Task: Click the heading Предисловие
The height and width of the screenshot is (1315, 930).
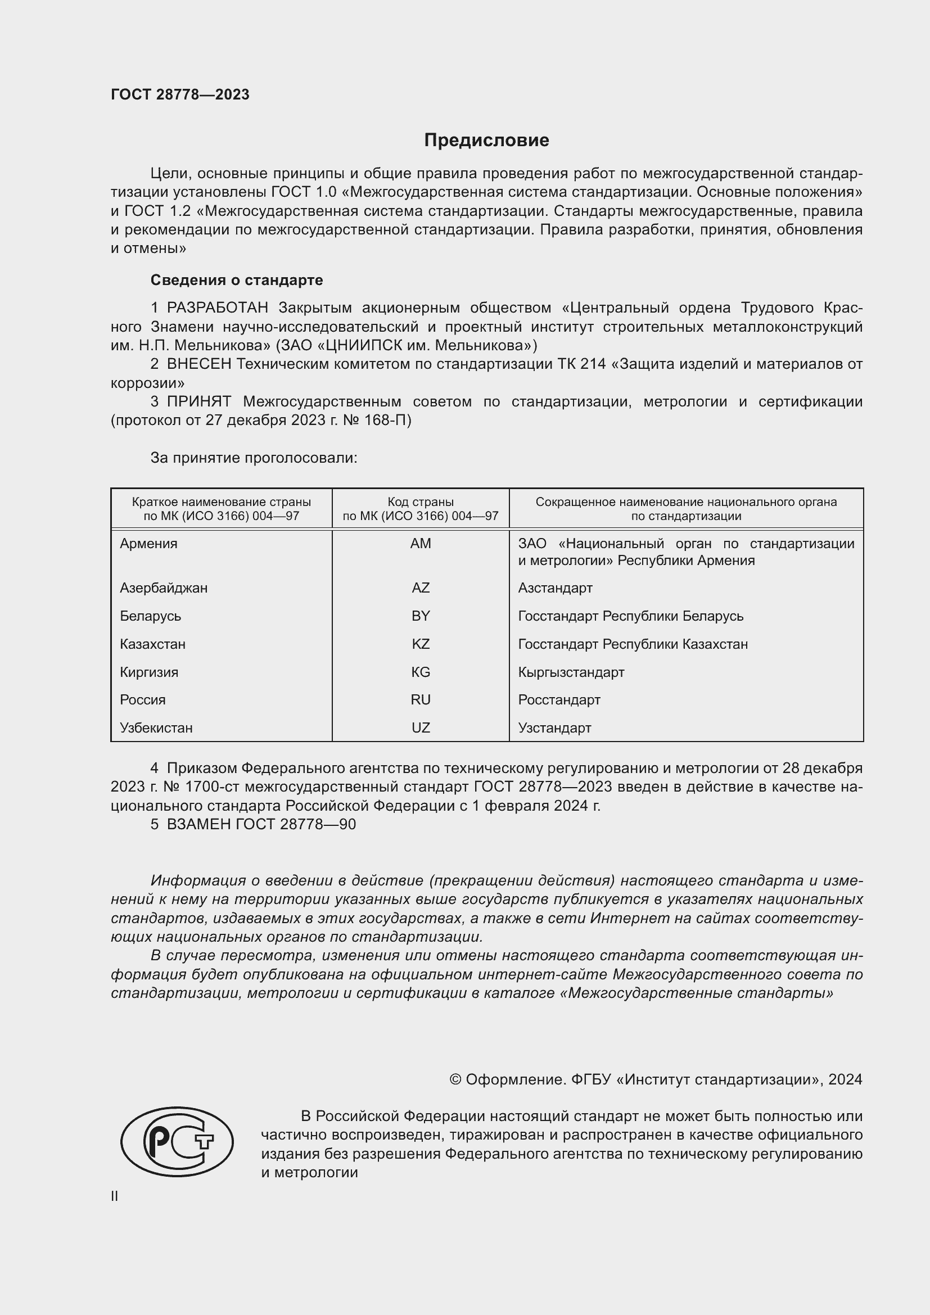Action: [x=486, y=140]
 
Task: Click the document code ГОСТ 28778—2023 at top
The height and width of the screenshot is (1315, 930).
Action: [x=180, y=94]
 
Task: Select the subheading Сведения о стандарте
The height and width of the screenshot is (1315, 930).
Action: [x=237, y=280]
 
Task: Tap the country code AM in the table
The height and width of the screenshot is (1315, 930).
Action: [x=421, y=544]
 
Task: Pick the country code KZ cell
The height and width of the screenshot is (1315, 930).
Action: [x=421, y=644]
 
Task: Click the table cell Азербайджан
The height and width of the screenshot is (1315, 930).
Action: [x=163, y=588]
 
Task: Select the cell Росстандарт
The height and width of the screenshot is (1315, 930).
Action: [x=559, y=699]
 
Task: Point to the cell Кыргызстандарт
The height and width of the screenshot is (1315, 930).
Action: [x=571, y=672]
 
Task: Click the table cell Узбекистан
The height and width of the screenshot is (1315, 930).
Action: [x=156, y=727]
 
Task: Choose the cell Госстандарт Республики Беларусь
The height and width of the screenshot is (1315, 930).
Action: [x=630, y=616]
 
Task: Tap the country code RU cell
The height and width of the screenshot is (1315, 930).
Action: [x=421, y=699]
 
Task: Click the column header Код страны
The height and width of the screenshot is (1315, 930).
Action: [x=421, y=502]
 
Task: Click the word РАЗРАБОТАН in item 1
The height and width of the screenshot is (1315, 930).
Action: [x=217, y=308]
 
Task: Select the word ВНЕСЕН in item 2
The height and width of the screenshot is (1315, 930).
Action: [x=198, y=364]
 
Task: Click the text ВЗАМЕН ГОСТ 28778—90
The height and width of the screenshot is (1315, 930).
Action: [x=261, y=824]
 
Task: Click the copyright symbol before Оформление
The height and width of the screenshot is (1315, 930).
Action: [x=455, y=1079]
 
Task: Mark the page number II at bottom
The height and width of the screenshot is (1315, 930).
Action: [x=115, y=1196]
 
